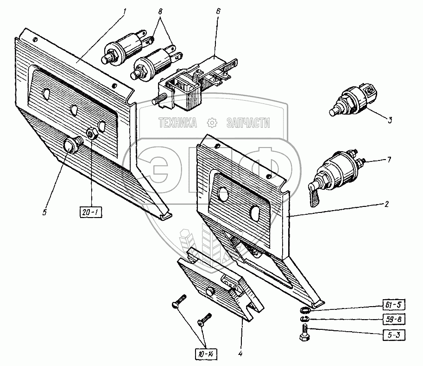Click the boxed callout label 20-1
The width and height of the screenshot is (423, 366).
pos(91,213)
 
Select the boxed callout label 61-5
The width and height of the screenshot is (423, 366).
pos(394,305)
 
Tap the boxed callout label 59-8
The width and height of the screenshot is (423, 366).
pos(394,320)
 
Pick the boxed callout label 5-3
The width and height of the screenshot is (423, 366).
pos(394,335)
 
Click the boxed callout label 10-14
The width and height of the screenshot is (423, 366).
pos(206,354)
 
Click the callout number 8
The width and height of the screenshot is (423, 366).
pos(160,12)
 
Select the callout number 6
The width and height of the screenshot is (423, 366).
pos(218,11)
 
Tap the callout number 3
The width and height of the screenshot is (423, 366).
pos(390,120)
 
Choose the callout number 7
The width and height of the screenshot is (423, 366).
pos(389,160)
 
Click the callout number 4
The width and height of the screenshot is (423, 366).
pos(240,353)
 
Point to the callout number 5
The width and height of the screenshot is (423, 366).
pos(44,212)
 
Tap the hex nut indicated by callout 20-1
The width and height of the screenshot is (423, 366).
pos(92,134)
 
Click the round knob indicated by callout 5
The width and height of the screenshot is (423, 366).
pos(71,145)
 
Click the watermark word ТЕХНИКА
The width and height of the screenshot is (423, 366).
pos(178,123)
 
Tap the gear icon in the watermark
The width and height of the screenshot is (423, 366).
pos(212,123)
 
